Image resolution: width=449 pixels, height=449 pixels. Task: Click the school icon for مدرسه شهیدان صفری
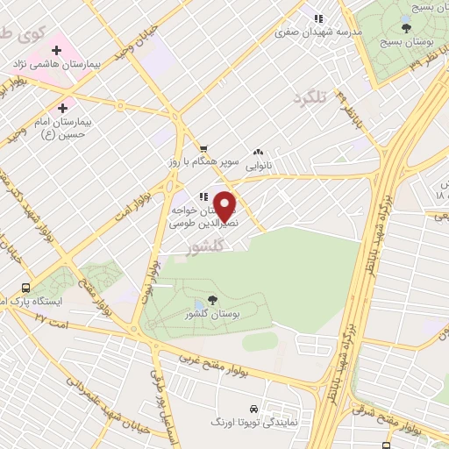pos(319,18)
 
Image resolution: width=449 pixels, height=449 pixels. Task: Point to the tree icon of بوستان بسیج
pos(404,28)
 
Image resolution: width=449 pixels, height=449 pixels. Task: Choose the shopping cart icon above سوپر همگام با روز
pos(203,148)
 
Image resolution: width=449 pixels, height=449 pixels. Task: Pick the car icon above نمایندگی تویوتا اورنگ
pos(254,410)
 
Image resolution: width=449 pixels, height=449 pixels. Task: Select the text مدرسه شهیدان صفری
pos(306,32)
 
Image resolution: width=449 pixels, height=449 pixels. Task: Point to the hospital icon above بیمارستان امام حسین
pos(61,108)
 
